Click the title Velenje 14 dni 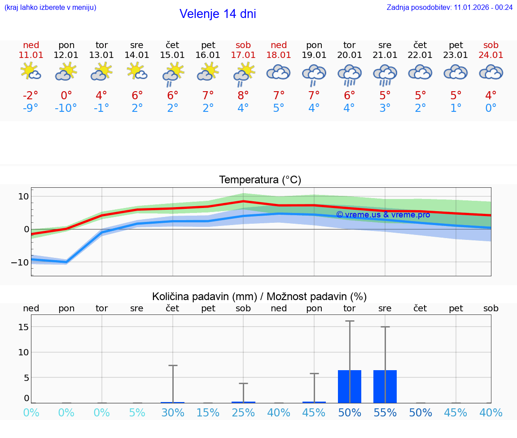click(x=218, y=14)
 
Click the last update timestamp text click(x=450, y=7)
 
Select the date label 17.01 click(x=243, y=55)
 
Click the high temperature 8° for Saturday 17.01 click(x=243, y=95)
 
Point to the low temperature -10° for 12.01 click(x=66, y=108)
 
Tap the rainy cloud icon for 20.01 click(x=350, y=75)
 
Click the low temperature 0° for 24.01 click(x=491, y=108)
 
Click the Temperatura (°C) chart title click(x=260, y=180)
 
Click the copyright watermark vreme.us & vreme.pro click(x=383, y=215)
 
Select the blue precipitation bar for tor click(x=350, y=386)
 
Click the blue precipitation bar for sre click(x=385, y=386)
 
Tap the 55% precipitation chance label click(x=385, y=413)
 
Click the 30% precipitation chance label click(x=173, y=413)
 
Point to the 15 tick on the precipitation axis click(x=23, y=327)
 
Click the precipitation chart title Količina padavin click(x=259, y=296)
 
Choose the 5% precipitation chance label click(x=137, y=413)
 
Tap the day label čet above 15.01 click(x=172, y=45)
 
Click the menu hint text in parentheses click(x=50, y=7)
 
